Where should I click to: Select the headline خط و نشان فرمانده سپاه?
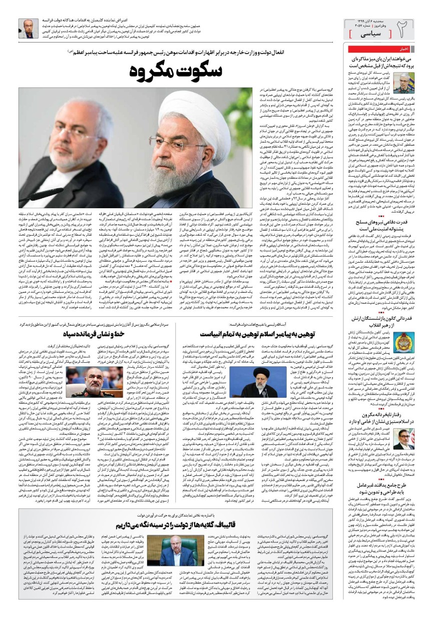pyautogui.click(x=115, y=333)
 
